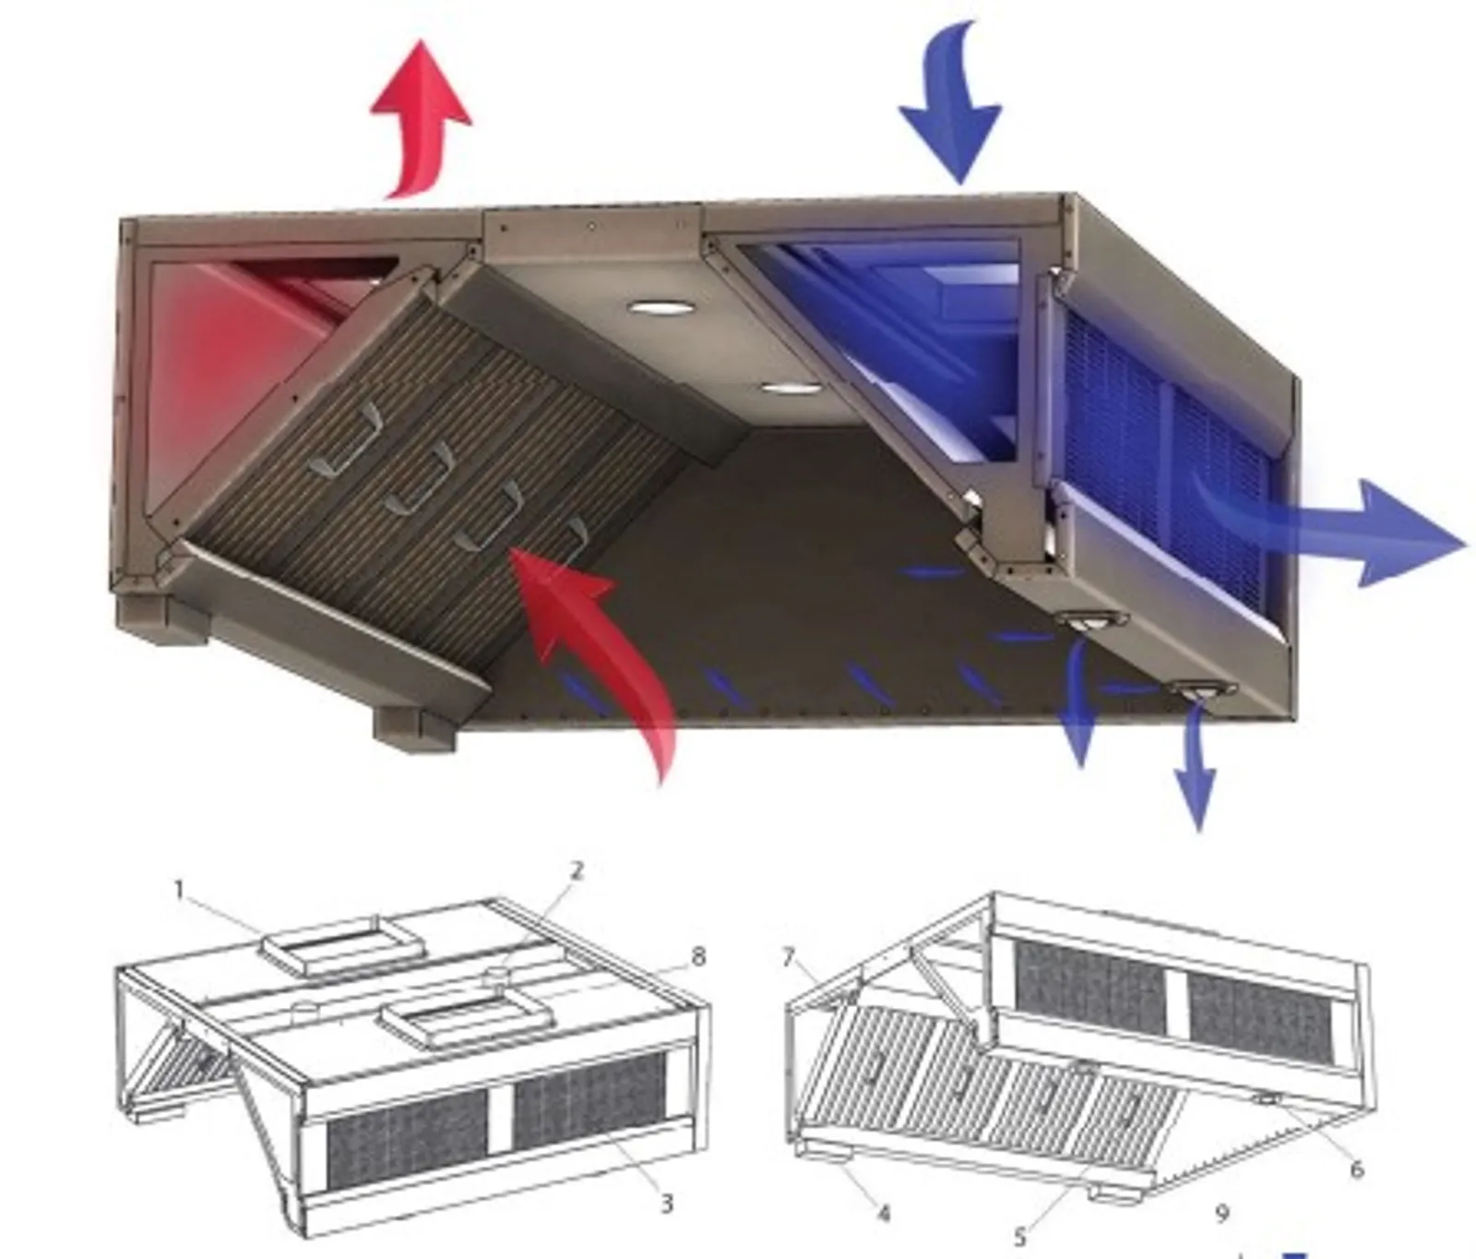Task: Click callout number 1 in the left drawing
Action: [180, 890]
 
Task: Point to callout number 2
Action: [577, 869]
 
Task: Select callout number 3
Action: [666, 1203]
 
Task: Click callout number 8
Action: [698, 956]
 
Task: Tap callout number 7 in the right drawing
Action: [788, 958]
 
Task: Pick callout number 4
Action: [883, 1213]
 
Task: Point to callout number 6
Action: [1356, 1170]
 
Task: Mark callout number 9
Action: [1222, 1213]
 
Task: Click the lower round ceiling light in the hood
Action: [791, 390]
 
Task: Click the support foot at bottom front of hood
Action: [415, 729]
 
